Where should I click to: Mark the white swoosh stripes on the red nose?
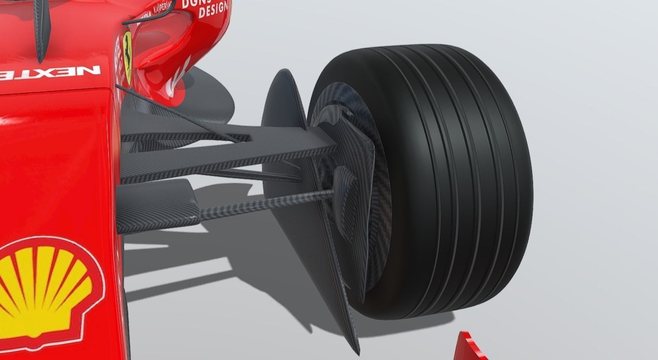pos(178,79)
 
